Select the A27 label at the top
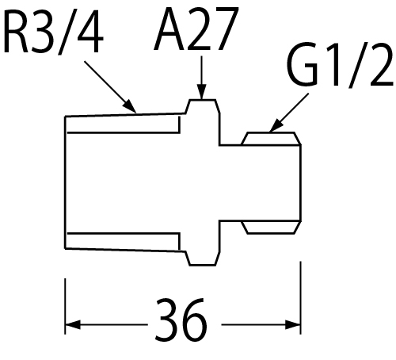click(196, 29)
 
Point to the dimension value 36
click(181, 319)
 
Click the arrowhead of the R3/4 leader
click(131, 107)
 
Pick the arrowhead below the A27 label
click(202, 92)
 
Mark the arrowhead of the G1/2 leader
click(276, 125)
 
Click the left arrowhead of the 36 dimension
click(73, 324)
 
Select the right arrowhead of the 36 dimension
click(293, 324)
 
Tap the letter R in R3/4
click(17, 32)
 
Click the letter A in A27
click(169, 29)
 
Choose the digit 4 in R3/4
click(90, 32)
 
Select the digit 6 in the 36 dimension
click(195, 319)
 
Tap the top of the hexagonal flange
click(203, 100)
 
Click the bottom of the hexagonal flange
click(203, 265)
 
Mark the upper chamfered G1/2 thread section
click(271, 139)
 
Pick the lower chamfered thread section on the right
click(271, 228)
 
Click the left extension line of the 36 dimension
click(65, 306)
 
